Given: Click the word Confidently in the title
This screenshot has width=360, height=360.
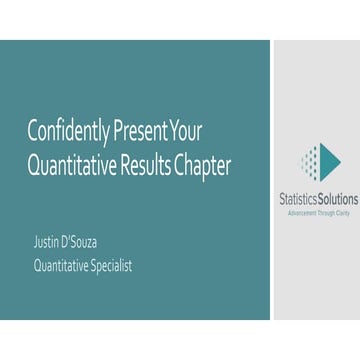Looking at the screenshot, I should pyautogui.click(x=71, y=130).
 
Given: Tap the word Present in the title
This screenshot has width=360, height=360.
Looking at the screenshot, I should pyautogui.click(x=145, y=130).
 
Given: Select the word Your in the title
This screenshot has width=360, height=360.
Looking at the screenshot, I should pyautogui.click(x=187, y=130).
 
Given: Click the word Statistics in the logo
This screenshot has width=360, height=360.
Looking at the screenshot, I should pyautogui.click(x=298, y=199).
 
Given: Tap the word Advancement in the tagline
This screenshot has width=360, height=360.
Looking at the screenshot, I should pyautogui.click(x=301, y=212).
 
